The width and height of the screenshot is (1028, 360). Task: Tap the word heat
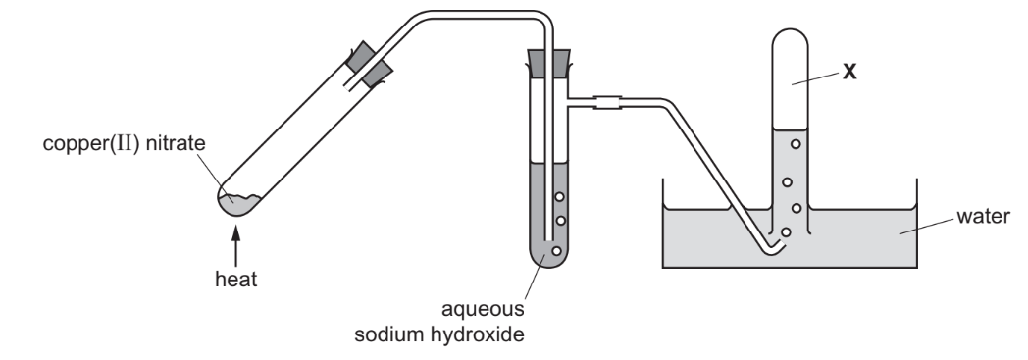point(235,280)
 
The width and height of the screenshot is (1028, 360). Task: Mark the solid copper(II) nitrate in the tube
point(239,204)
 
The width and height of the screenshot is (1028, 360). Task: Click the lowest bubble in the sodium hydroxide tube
point(556,251)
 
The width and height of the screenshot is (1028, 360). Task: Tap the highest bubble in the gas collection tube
point(796,143)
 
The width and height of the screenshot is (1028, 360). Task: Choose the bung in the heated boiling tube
point(369,61)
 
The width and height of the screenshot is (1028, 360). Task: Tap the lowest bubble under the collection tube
point(786,232)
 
